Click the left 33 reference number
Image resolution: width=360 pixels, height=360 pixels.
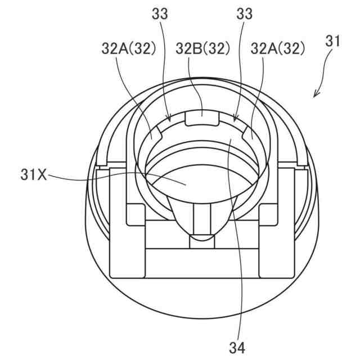pyautogui.click(x=160, y=13)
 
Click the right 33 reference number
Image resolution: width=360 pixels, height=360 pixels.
pyautogui.click(x=244, y=13)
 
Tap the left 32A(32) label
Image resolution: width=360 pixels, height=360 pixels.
pyautogui.click(x=129, y=49)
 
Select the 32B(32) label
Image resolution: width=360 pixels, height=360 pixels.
pyautogui.click(x=202, y=49)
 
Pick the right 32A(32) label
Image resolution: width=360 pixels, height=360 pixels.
pyautogui.click(x=278, y=49)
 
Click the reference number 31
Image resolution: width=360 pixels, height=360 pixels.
pyautogui.click(x=332, y=42)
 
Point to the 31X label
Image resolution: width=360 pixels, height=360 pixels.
pyautogui.click(x=34, y=175)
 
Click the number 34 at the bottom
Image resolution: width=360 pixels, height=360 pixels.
pyautogui.click(x=237, y=348)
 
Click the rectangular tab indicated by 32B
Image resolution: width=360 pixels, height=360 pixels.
pyautogui.click(x=202, y=118)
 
